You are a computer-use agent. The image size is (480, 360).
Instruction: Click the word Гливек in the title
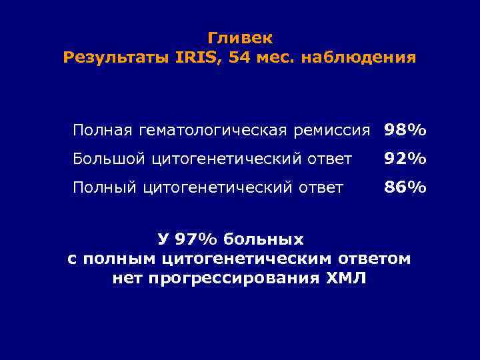point(240,38)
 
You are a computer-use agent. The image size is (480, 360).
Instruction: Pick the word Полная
point(99,129)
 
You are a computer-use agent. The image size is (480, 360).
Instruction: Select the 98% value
point(405,129)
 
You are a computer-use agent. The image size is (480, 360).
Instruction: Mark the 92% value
point(405,159)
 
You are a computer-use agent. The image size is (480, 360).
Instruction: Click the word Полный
point(105,188)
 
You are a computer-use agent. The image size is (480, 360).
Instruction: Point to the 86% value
point(405,188)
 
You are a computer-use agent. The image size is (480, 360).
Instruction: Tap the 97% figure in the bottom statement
point(198,239)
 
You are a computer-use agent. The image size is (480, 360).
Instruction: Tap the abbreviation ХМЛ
point(347,277)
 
